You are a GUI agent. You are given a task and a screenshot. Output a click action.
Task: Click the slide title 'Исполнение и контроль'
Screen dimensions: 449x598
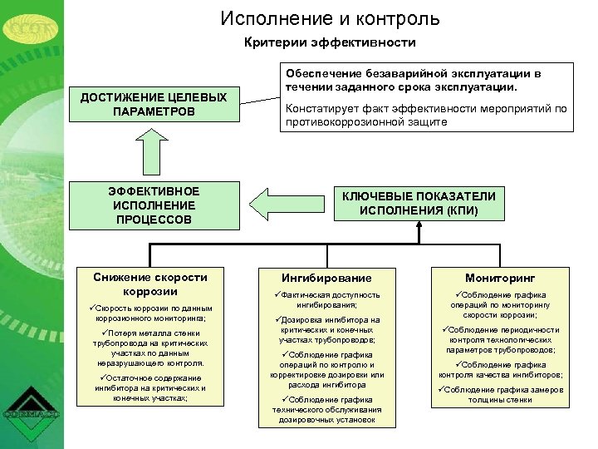[x=331, y=18]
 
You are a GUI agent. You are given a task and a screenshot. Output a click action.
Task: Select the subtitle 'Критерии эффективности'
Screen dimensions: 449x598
[x=330, y=42]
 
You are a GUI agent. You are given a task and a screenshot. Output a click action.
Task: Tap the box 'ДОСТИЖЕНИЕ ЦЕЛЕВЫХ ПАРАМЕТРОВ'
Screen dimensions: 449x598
[x=154, y=105]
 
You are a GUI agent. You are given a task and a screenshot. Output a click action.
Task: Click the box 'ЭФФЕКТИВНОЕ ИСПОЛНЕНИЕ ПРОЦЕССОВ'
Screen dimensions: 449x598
[x=154, y=205]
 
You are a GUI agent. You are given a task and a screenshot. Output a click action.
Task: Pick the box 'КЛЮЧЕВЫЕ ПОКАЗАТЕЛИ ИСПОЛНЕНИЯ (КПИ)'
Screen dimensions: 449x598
[x=419, y=204]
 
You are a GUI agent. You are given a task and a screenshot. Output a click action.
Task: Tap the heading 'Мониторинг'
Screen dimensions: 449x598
[x=500, y=278]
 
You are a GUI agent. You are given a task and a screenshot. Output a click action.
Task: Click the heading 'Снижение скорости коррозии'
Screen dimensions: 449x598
[x=150, y=284]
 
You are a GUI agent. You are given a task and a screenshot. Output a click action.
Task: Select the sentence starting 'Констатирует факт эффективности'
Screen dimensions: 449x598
[x=425, y=115]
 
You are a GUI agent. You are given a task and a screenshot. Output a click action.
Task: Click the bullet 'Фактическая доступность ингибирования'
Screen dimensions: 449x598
[x=328, y=299]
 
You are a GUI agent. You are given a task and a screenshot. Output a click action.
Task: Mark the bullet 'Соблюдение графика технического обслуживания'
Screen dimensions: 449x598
[x=328, y=410]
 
